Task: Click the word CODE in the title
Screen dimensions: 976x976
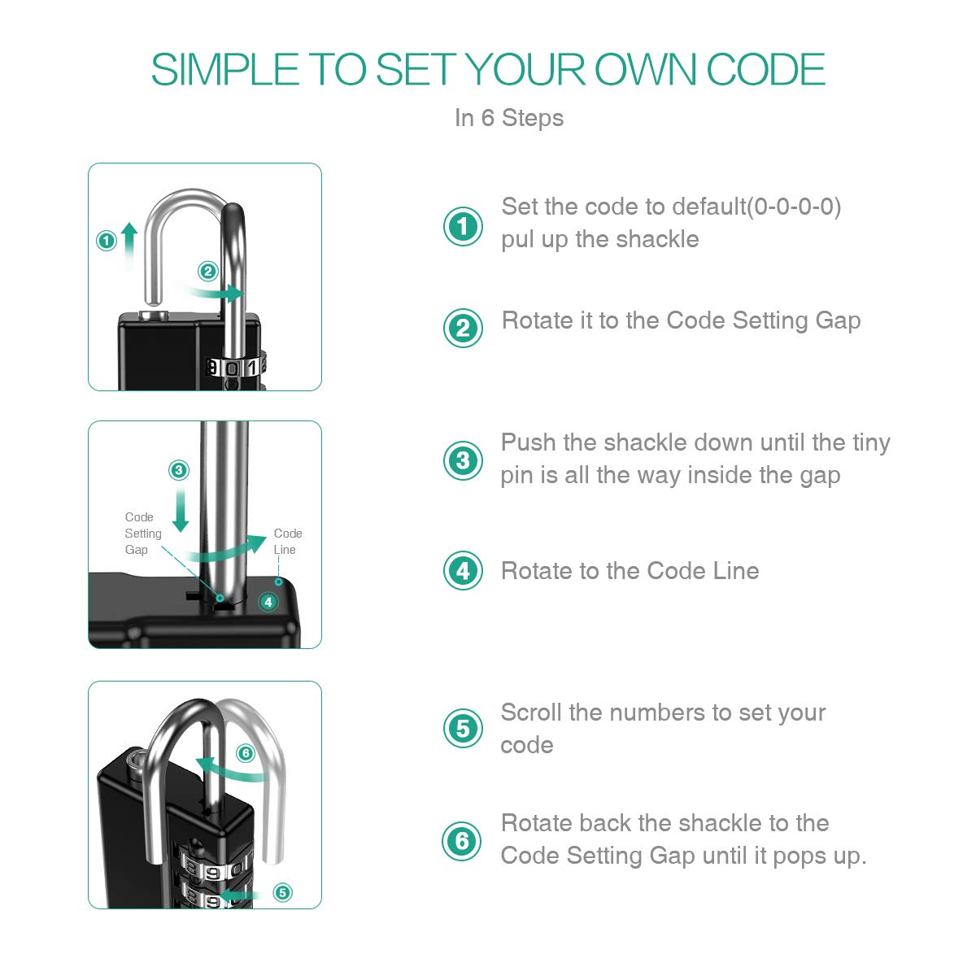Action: pyautogui.click(x=765, y=69)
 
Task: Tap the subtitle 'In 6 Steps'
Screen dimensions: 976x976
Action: pyautogui.click(x=508, y=118)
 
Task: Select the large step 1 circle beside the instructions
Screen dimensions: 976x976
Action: pyautogui.click(x=463, y=226)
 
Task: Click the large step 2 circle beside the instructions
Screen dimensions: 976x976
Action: pyautogui.click(x=463, y=328)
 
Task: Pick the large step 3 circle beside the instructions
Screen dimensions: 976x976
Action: pyautogui.click(x=463, y=460)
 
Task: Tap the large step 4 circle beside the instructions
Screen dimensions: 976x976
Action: pyautogui.click(x=463, y=571)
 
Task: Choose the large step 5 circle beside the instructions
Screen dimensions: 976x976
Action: pyautogui.click(x=463, y=728)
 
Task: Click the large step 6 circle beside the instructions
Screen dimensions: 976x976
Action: pyautogui.click(x=461, y=841)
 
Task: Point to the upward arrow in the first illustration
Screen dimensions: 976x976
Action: pyautogui.click(x=129, y=246)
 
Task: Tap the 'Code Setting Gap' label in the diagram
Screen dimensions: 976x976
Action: pyautogui.click(x=143, y=534)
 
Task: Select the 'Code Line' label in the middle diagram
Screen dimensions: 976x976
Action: pyautogui.click(x=288, y=542)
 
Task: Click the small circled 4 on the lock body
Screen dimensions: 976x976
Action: pyautogui.click(x=268, y=602)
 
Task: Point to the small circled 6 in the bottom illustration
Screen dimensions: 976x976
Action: pyautogui.click(x=246, y=753)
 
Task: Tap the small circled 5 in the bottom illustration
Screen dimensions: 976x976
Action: pyautogui.click(x=282, y=892)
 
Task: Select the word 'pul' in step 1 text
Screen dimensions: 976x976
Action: pyautogui.click(x=517, y=240)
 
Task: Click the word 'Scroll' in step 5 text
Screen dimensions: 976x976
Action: pyautogui.click(x=531, y=712)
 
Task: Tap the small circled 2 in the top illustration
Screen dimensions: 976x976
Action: pyautogui.click(x=207, y=272)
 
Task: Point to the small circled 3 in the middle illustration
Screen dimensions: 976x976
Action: pyautogui.click(x=179, y=470)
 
